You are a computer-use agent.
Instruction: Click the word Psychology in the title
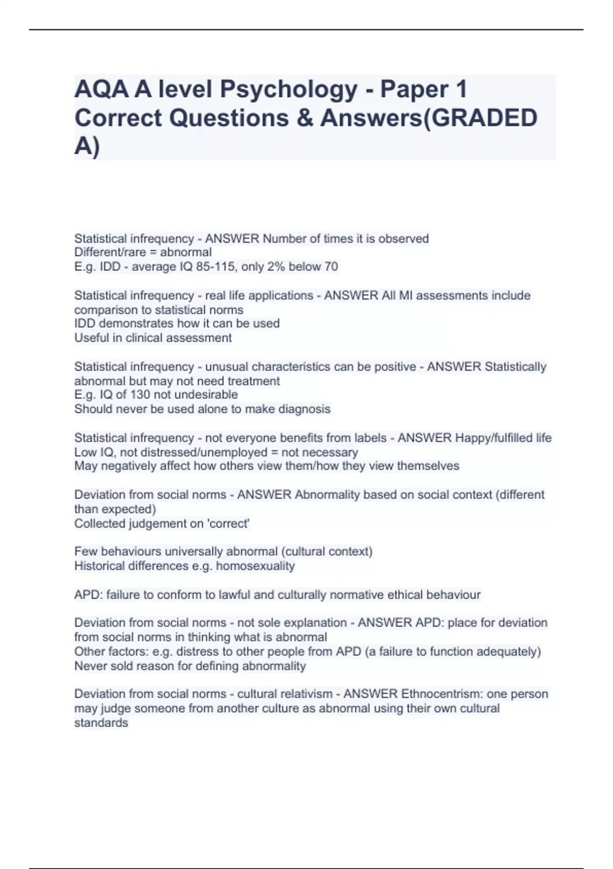tap(289, 89)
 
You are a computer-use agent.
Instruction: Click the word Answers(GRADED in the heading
tap(429, 118)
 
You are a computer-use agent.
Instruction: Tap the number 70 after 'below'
tap(331, 266)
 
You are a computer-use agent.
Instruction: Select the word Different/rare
tap(110, 252)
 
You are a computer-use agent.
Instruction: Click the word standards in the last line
tap(101, 722)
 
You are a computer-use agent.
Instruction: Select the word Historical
tap(99, 566)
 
